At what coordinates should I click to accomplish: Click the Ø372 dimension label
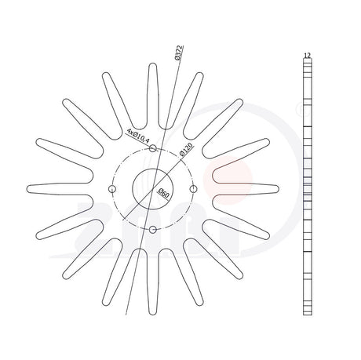pos(178,53)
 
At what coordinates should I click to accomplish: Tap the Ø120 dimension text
pos(187,150)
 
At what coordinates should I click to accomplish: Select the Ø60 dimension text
pos(164,193)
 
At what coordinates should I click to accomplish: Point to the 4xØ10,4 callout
pos(137,135)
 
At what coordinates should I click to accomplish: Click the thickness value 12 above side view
pos(308,56)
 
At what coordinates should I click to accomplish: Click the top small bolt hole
pos(153,148)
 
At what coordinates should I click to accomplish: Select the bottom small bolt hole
pos(153,230)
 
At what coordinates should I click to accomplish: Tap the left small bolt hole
pos(112,189)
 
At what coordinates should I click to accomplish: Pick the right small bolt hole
pos(193,189)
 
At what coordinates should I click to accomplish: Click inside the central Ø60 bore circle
pos(152,189)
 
